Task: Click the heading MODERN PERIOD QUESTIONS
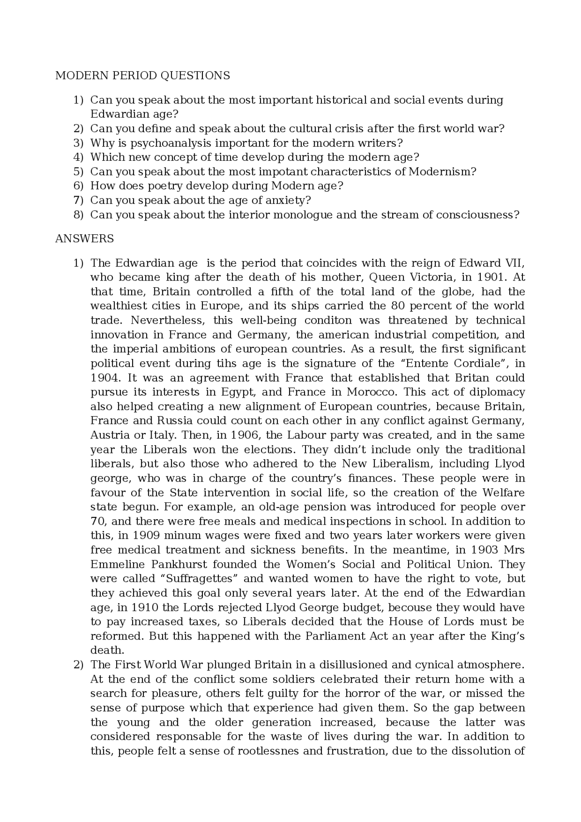click(x=143, y=75)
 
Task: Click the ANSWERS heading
click(x=84, y=239)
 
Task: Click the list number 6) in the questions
click(x=79, y=186)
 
